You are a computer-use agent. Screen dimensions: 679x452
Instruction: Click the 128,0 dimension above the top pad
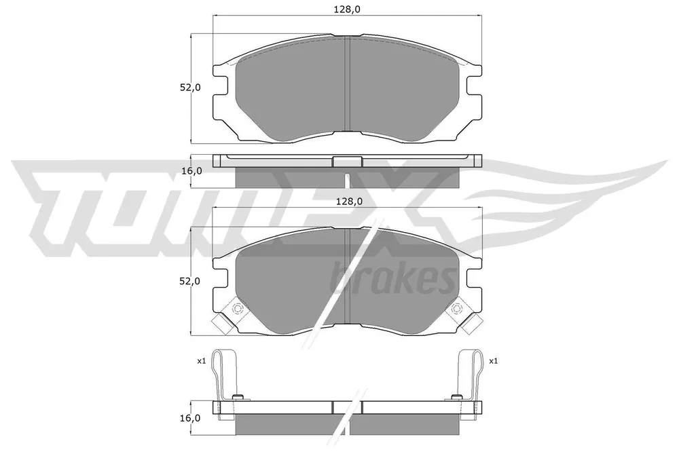[348, 9]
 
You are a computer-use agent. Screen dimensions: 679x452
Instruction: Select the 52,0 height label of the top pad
[190, 87]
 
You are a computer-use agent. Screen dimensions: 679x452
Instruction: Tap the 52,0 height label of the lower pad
[190, 281]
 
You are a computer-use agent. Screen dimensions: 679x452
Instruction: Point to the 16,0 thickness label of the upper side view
[191, 170]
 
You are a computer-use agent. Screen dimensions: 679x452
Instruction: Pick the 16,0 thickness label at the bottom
[191, 418]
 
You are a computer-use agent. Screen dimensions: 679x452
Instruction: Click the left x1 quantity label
[202, 360]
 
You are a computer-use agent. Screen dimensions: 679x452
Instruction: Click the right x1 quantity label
[493, 360]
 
